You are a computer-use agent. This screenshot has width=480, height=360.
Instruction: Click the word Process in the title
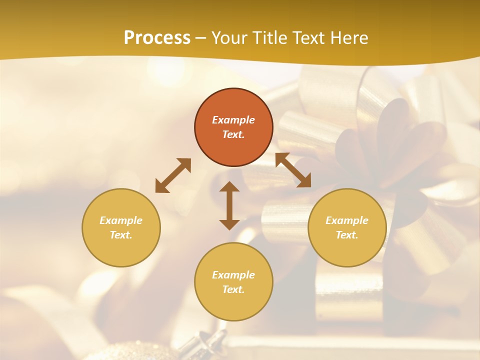click(x=157, y=38)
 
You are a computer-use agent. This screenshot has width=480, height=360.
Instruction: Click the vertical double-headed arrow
click(x=229, y=206)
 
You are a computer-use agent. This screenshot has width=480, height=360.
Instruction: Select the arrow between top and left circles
click(x=173, y=175)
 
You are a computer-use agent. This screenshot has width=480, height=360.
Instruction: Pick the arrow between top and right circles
click(x=293, y=170)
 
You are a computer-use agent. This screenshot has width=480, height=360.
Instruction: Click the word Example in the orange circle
click(x=233, y=120)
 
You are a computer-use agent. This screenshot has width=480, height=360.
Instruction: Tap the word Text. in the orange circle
click(x=233, y=134)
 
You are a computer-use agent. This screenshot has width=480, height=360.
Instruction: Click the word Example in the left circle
click(x=121, y=220)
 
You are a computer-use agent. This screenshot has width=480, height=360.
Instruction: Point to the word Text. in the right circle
click(x=347, y=235)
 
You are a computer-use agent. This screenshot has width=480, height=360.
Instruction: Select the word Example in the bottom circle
click(x=233, y=275)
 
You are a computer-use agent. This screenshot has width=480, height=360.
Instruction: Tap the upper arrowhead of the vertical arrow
click(x=229, y=187)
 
